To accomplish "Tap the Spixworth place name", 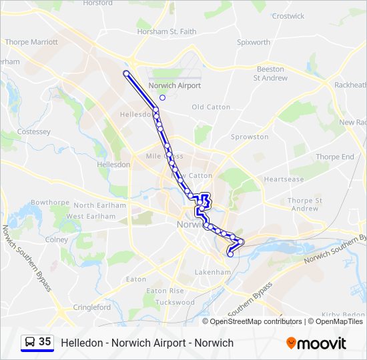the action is click(x=254, y=42).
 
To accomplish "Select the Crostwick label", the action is click(x=288, y=16).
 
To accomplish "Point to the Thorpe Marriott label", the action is click(x=31, y=42).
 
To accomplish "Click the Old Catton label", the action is click(x=211, y=107).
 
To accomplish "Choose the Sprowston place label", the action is click(x=250, y=137).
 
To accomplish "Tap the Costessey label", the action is click(x=34, y=132).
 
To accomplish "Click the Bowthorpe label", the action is click(x=50, y=202).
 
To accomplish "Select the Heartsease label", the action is click(x=284, y=179).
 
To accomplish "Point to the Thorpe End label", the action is click(x=335, y=157).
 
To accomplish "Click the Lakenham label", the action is click(x=212, y=273).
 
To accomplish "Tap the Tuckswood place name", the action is click(x=175, y=302).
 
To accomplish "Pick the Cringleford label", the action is click(x=92, y=307).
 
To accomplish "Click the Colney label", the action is click(x=57, y=240).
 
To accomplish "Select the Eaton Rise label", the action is click(x=165, y=291).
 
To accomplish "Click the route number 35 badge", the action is click(x=45, y=341).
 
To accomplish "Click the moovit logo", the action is click(x=316, y=343).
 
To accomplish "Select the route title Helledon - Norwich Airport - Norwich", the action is click(x=147, y=343).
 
